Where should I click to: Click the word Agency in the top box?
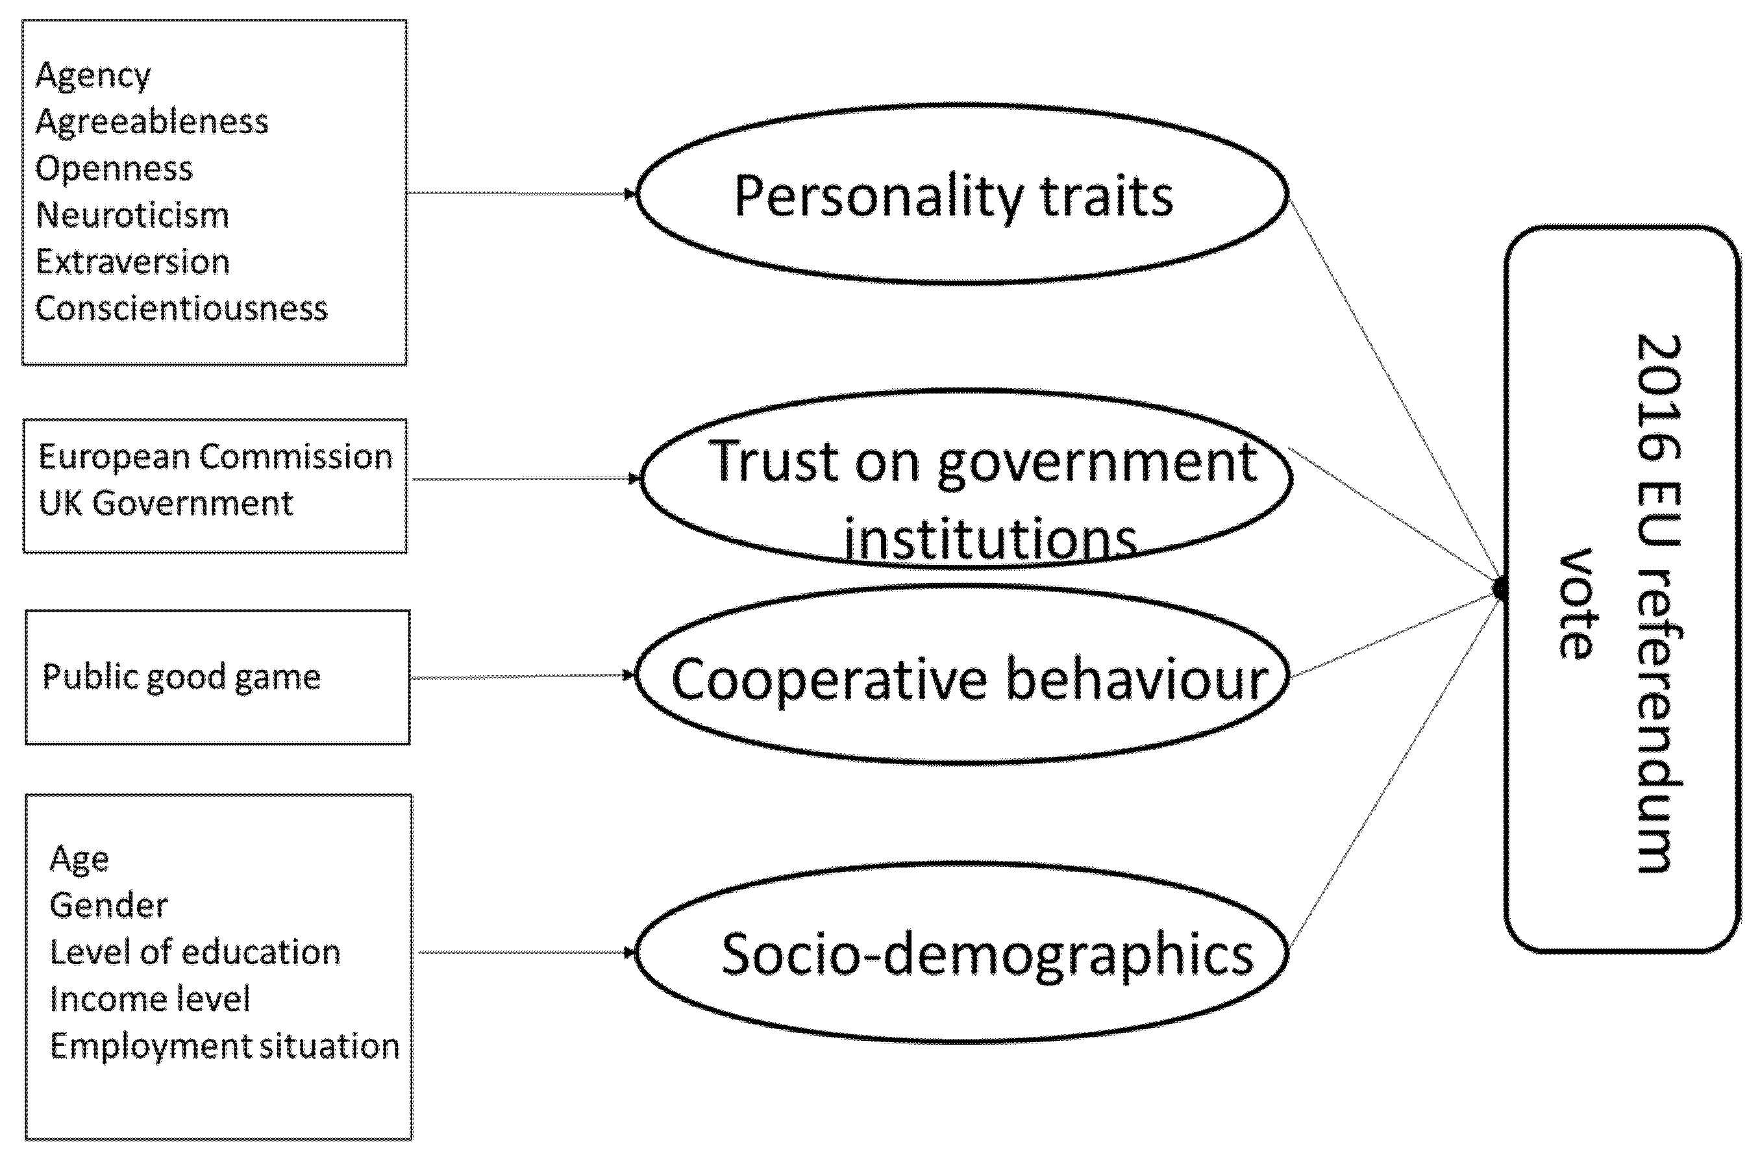(93, 76)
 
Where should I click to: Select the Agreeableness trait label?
(151, 122)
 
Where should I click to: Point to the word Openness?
(114, 169)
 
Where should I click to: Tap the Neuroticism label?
(132, 216)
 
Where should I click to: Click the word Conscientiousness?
(181, 309)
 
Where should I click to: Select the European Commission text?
(215, 456)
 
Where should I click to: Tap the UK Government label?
(166, 504)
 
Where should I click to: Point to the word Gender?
(109, 906)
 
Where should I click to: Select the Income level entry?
(150, 1000)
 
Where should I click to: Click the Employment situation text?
(225, 1046)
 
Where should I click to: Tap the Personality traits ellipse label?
(954, 196)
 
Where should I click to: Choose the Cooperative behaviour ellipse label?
(969, 680)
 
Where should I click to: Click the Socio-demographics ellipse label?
(987, 954)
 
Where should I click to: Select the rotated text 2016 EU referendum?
(1658, 604)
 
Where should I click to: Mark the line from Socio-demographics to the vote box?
(1395, 769)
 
